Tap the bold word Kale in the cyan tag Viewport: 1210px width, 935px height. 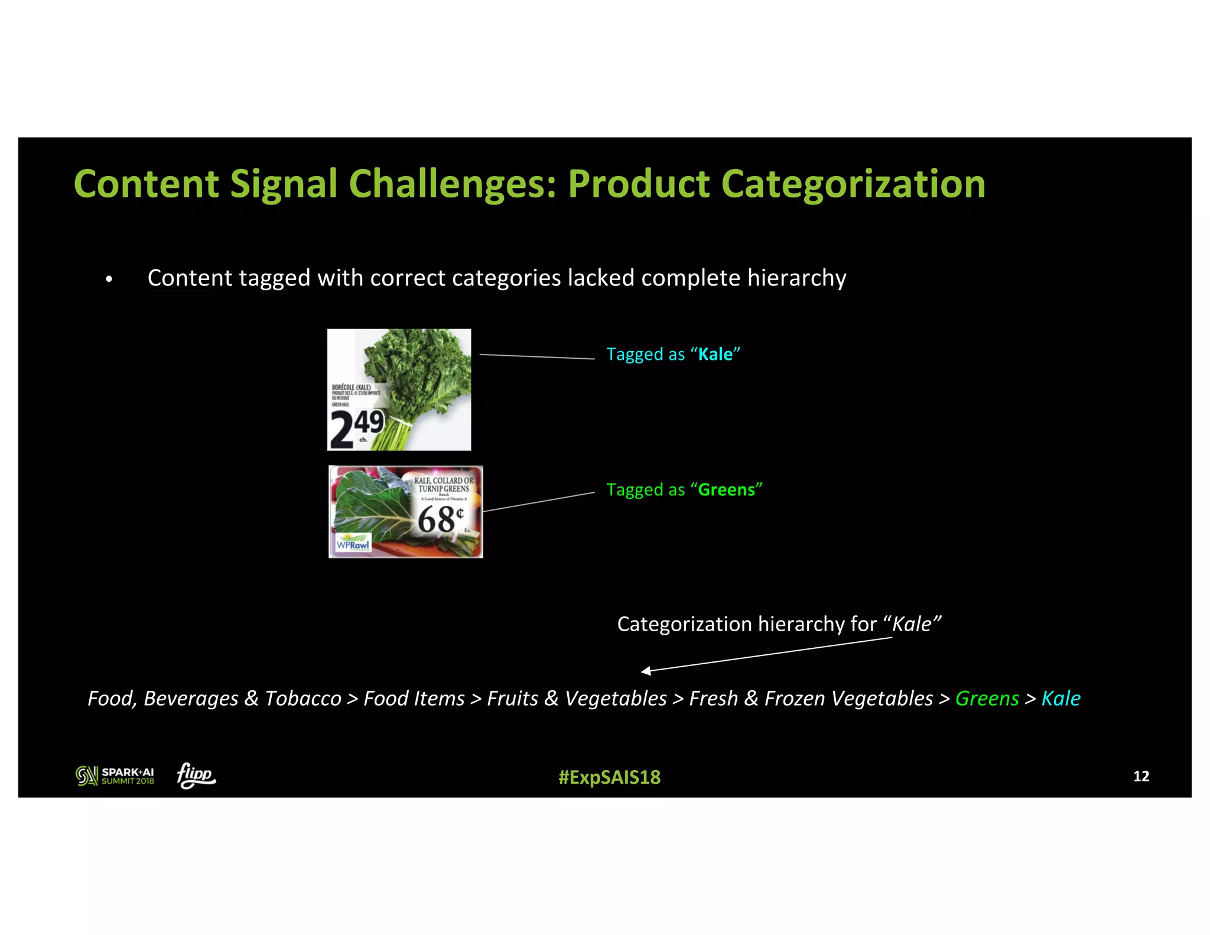coord(715,354)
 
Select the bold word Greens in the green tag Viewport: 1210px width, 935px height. coord(726,490)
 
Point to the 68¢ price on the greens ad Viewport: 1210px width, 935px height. coord(440,520)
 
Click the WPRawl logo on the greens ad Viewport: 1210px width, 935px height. coord(353,544)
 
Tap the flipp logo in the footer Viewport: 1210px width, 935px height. coord(196,775)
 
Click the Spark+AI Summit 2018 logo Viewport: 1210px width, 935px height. coord(115,775)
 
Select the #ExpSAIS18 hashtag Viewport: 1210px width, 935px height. coord(609,777)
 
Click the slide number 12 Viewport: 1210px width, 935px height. coord(1141,776)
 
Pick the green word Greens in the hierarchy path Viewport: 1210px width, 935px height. coord(987,699)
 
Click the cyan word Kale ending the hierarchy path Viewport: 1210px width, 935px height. coord(1061,699)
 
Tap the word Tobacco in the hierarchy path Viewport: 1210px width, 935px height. coord(302,699)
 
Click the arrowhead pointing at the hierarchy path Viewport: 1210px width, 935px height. coord(646,671)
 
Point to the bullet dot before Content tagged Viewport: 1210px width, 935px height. coord(109,279)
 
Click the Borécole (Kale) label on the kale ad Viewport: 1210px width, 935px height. coord(352,388)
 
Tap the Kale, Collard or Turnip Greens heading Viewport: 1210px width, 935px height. coord(444,485)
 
